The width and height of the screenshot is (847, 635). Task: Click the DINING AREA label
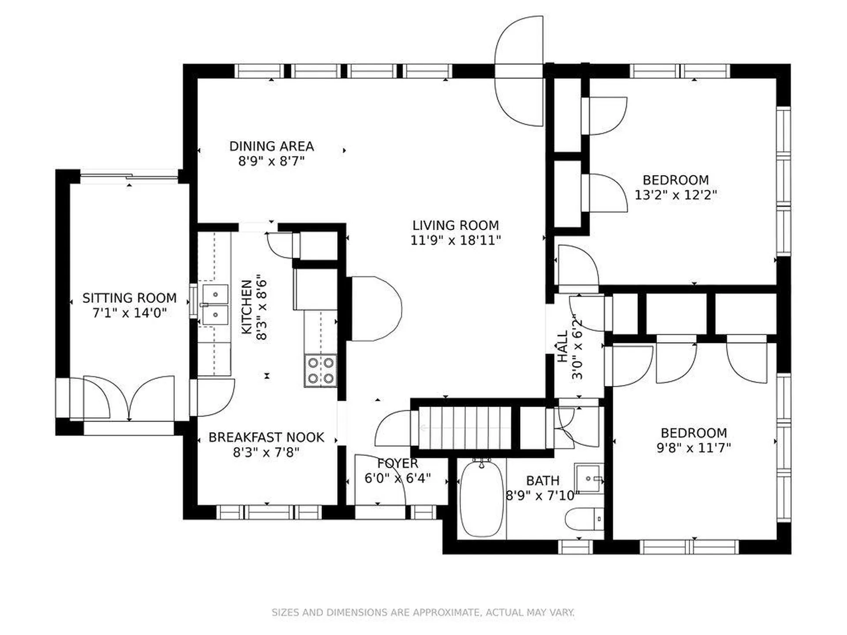271,146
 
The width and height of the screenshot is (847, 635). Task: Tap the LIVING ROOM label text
456,225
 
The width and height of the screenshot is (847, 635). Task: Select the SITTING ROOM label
129,298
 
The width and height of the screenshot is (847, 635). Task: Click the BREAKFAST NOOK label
266,437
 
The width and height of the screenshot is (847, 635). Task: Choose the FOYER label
397,463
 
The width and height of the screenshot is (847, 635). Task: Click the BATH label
543,481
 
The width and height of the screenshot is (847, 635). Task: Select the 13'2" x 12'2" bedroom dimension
675,195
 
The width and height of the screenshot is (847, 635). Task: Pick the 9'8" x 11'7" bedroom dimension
693,448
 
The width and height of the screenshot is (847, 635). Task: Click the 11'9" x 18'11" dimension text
456,240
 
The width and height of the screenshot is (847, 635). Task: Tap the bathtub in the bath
481,498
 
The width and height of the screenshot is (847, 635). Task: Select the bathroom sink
588,478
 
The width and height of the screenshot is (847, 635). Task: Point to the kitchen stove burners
321,371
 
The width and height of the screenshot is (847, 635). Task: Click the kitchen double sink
215,305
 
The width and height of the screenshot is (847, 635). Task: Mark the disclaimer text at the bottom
423,613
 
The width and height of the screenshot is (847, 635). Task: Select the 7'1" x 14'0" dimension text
129,313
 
